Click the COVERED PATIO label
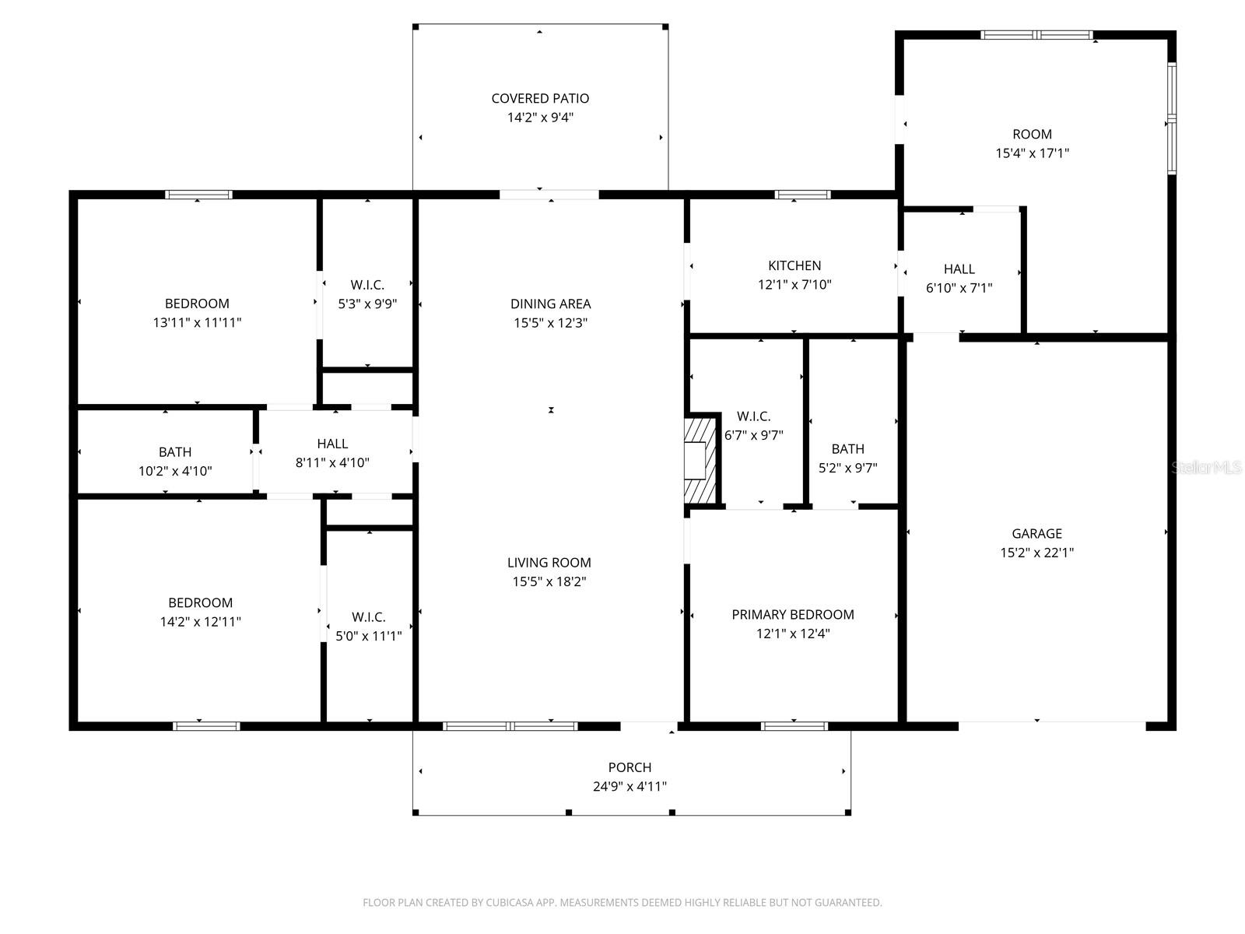[x=540, y=99]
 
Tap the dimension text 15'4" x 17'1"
[x=1032, y=153]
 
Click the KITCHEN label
[x=794, y=265]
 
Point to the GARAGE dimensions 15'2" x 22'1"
[x=1036, y=553]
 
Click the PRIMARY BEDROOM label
[x=793, y=615]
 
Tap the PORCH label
[x=630, y=767]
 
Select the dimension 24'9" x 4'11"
[x=630, y=787]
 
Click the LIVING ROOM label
[x=549, y=563]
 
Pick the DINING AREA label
[x=550, y=304]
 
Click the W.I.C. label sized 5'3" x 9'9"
[x=367, y=285]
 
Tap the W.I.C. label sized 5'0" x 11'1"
[x=368, y=617]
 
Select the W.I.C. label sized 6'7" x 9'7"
[x=753, y=416]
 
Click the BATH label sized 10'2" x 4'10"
[x=175, y=452]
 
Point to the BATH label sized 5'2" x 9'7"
[x=847, y=449]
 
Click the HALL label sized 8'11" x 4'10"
[x=332, y=444]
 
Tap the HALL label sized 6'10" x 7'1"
[x=959, y=269]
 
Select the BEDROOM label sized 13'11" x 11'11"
[x=197, y=304]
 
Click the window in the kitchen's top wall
[x=802, y=195]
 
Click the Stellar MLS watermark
[x=1207, y=468]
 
